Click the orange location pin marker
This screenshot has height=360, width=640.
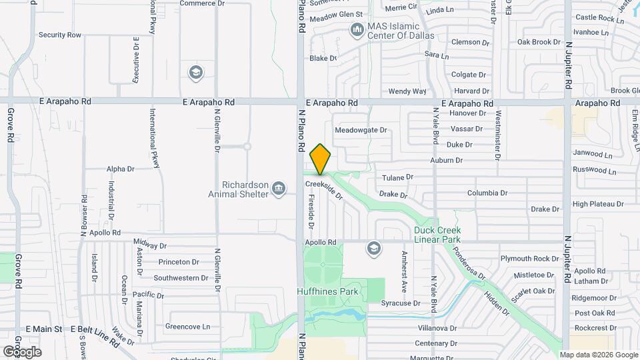click(x=321, y=159)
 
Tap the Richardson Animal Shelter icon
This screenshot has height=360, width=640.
click(x=279, y=189)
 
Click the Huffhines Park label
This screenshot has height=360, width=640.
click(x=327, y=291)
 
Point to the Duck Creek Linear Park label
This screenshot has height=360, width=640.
click(x=437, y=235)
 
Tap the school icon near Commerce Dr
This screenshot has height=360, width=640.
click(x=196, y=72)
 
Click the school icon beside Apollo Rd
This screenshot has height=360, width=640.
click(x=374, y=249)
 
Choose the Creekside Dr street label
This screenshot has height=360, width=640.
click(x=324, y=189)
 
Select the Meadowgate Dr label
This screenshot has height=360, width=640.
click(x=361, y=130)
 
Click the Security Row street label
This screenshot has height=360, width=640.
click(x=60, y=35)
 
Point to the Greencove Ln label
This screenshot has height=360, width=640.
click(x=187, y=327)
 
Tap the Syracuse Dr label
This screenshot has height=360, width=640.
click(x=400, y=303)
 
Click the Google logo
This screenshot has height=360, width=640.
click(x=22, y=351)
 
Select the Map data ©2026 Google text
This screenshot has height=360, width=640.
click(x=598, y=355)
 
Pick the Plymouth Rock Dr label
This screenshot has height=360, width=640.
click(x=530, y=259)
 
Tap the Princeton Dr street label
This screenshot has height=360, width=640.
click(x=176, y=262)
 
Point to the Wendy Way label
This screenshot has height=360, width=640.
click(x=407, y=91)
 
